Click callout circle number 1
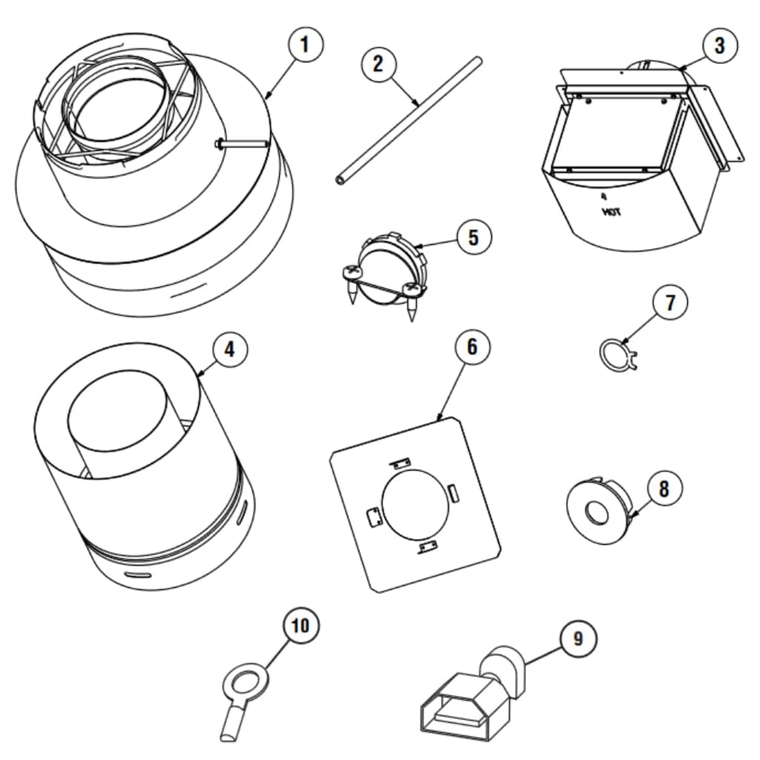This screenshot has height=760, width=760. tap(306, 45)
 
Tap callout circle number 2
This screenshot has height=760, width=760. tap(379, 64)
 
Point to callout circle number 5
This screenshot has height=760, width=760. tap(474, 237)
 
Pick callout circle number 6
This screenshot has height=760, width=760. tap(473, 347)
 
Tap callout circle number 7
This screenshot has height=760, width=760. tap(670, 303)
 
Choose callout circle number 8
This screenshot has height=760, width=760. tap(664, 489)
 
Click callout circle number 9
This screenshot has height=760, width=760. tap(578, 639)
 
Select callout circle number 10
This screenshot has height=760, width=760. tap(301, 626)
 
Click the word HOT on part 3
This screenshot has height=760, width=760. tap(611, 213)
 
